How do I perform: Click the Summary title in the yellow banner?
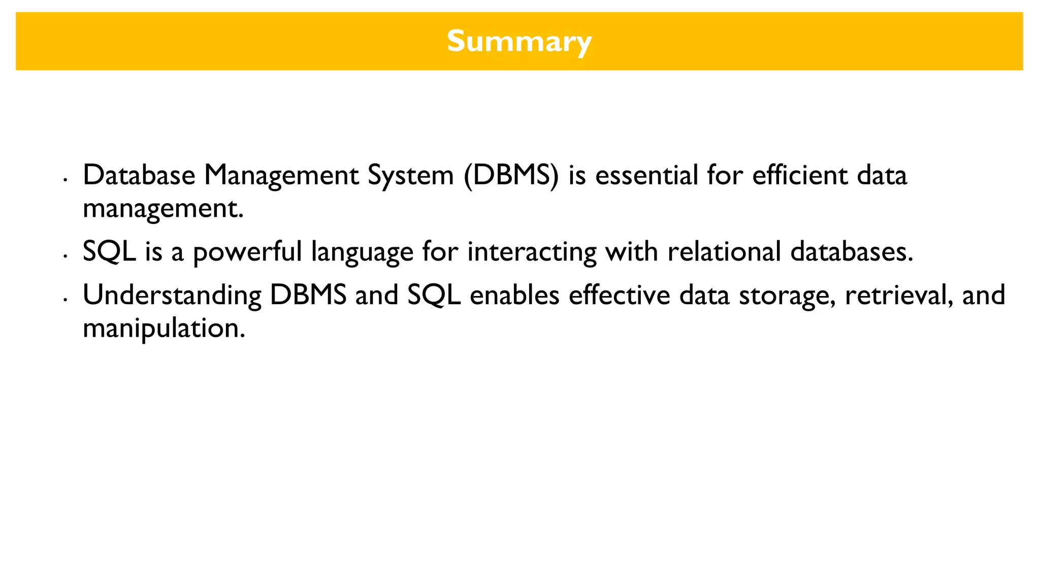[x=519, y=41]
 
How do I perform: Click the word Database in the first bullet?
[x=139, y=175]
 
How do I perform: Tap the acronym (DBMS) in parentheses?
[x=511, y=175]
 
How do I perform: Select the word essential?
[x=646, y=175]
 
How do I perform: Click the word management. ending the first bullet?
[x=163, y=209]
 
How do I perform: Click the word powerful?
[x=247, y=252]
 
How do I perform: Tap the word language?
[x=362, y=252]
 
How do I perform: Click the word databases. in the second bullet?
[x=852, y=251]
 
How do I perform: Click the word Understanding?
[x=172, y=296]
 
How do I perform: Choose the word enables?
[x=514, y=295]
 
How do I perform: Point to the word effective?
[x=619, y=295]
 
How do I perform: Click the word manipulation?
[x=164, y=329]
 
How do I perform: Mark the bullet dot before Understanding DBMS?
[x=65, y=300]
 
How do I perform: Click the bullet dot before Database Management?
[x=65, y=180]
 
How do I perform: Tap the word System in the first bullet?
[x=410, y=176]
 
